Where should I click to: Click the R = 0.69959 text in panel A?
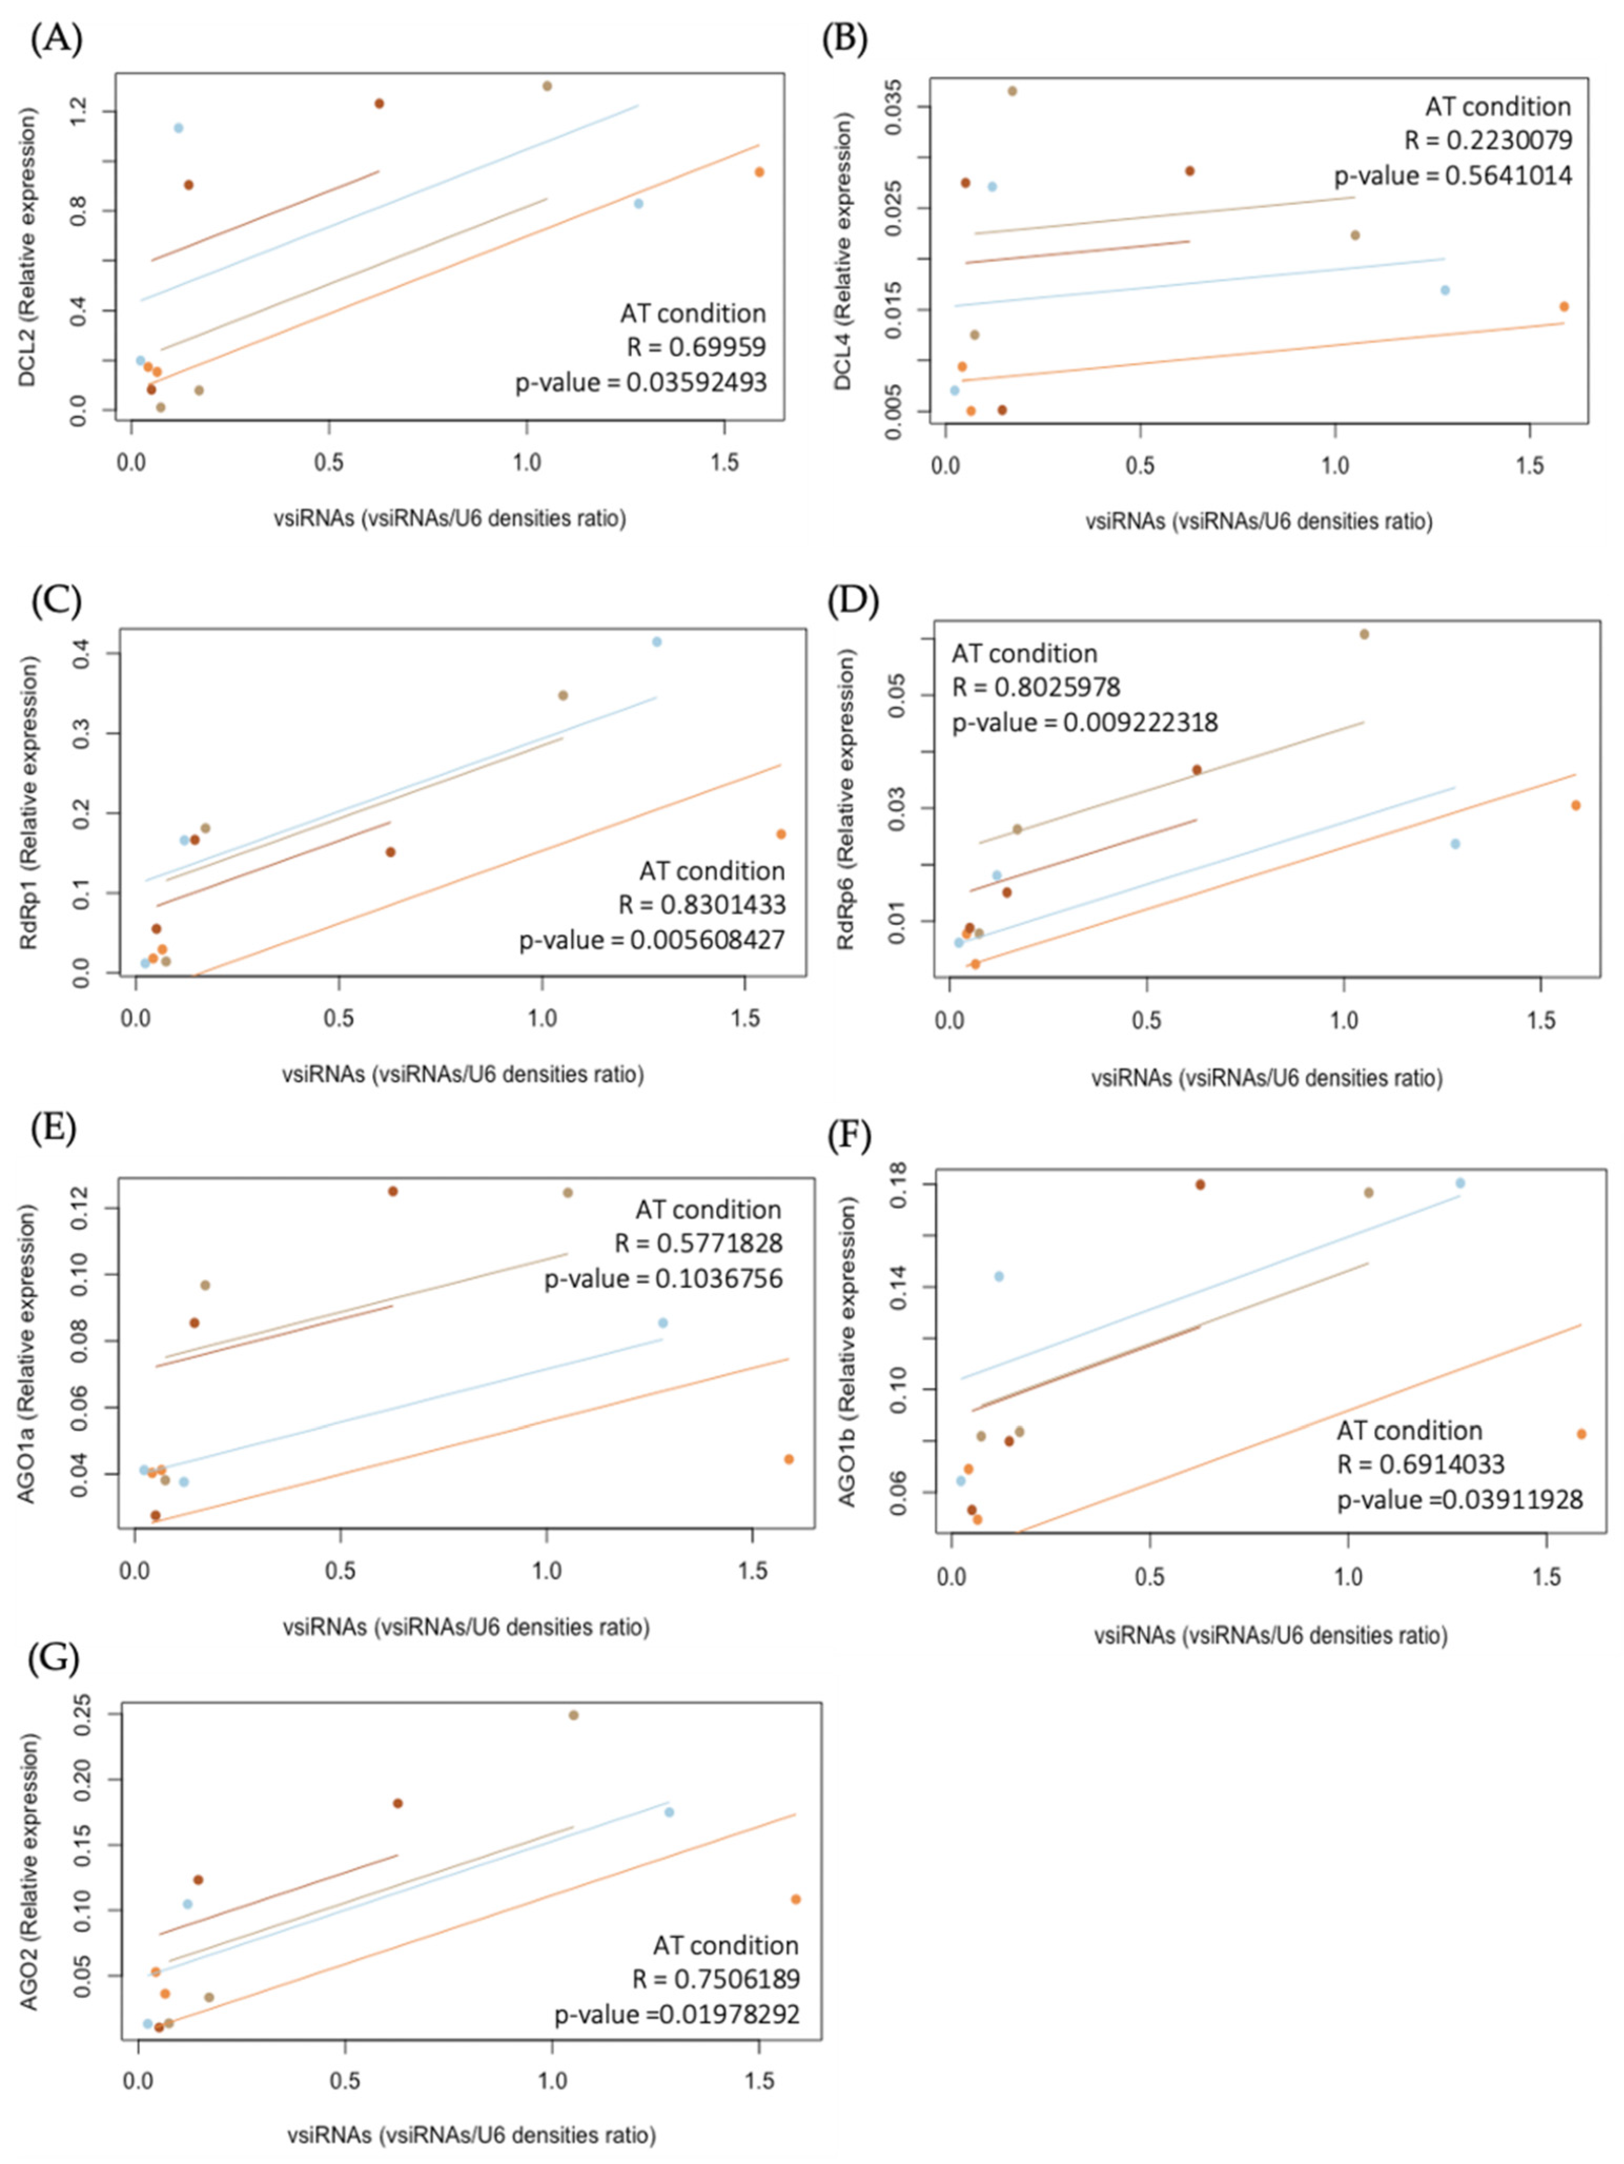696,347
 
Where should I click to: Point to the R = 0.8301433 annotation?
702,905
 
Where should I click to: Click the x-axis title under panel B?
1259,521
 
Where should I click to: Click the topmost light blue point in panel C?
656,642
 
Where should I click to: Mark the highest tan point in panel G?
573,1715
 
